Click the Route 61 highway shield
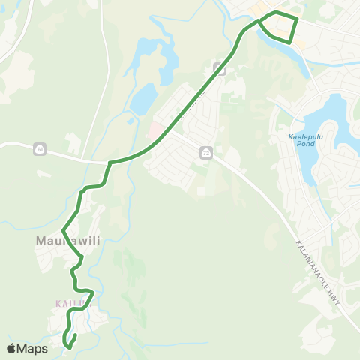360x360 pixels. tap(38, 150)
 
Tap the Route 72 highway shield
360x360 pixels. tap(205, 153)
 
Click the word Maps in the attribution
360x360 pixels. tap(33, 348)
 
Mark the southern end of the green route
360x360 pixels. tap(68, 346)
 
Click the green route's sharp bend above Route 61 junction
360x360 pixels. tap(110, 163)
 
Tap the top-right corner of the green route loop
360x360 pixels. tap(297, 18)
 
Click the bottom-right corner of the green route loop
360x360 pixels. tap(290, 40)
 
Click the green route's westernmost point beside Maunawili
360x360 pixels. tap(64, 230)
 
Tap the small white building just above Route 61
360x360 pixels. tap(73, 142)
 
